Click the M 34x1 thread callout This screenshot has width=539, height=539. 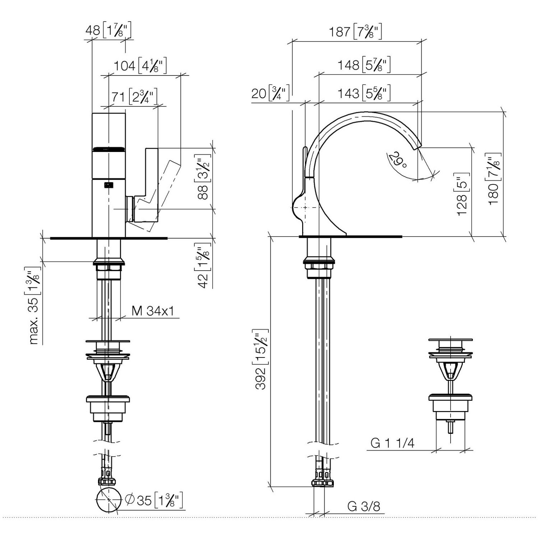point(153,311)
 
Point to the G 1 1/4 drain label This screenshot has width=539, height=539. point(392,443)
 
